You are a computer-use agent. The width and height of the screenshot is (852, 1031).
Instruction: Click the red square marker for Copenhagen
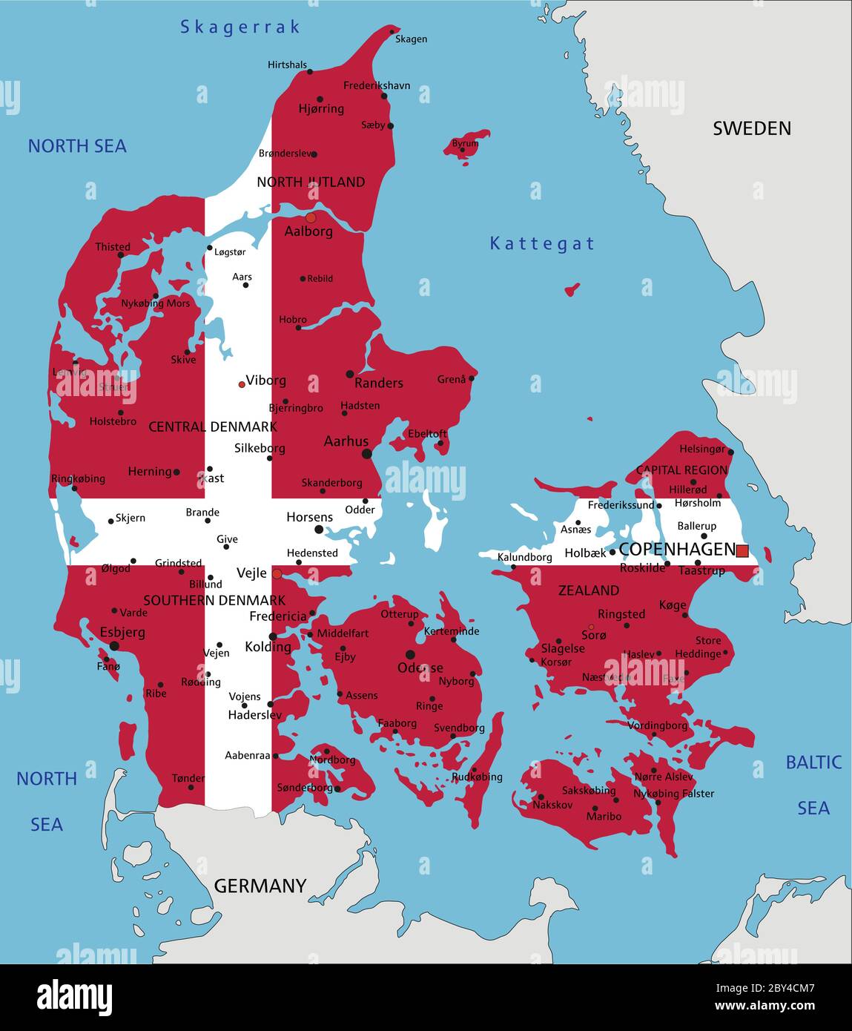click(742, 550)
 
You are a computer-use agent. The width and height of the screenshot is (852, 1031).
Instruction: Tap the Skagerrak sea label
click(240, 27)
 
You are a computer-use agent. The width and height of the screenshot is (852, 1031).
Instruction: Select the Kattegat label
click(542, 243)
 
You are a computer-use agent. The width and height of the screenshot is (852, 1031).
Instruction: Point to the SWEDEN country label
click(751, 128)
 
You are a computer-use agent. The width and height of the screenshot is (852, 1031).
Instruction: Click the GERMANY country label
click(260, 886)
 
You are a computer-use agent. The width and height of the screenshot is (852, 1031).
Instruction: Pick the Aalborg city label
click(308, 231)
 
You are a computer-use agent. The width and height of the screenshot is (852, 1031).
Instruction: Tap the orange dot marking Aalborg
click(311, 217)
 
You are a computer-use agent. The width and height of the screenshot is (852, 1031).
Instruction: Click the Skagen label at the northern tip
click(411, 39)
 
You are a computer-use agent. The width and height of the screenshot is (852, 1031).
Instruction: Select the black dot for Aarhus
click(366, 454)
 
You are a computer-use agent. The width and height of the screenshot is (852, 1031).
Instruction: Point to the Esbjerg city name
click(122, 633)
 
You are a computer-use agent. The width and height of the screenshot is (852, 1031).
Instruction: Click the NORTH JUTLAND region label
click(311, 182)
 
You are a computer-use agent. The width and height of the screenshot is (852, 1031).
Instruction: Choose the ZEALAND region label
click(588, 590)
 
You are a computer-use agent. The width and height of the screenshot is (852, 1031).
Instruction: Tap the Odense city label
click(420, 668)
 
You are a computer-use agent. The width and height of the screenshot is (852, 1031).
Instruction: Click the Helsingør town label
click(702, 449)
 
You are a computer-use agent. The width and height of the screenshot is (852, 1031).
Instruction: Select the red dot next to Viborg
click(242, 384)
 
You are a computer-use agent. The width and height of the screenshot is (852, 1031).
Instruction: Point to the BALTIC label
click(813, 762)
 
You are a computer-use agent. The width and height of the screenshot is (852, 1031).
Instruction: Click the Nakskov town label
click(552, 805)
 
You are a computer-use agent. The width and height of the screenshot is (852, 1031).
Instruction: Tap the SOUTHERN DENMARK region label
click(214, 600)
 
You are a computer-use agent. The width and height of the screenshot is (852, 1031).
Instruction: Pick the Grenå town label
click(452, 379)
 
